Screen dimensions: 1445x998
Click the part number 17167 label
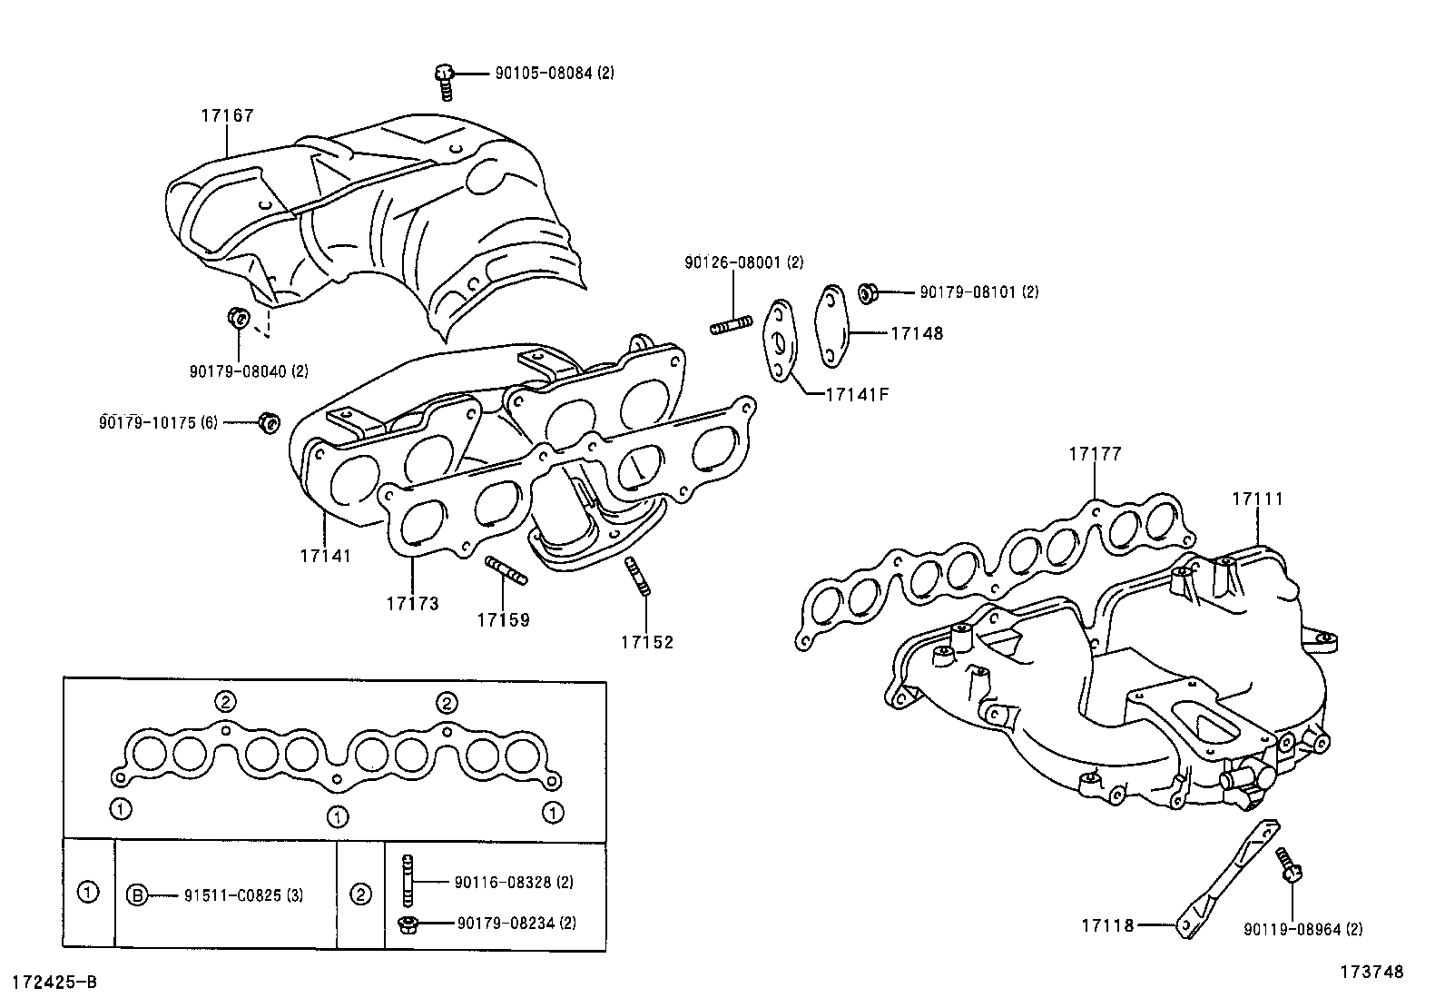227,115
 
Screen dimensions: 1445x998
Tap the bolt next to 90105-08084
445,82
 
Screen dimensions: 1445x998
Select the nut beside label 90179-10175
269,422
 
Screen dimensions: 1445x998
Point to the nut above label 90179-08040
239,317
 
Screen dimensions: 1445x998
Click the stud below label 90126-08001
731,325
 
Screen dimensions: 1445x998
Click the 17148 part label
917,333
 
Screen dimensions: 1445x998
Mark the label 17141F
857,394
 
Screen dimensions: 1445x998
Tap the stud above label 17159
506,570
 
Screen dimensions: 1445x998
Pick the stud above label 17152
637,577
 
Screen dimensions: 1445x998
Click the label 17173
412,604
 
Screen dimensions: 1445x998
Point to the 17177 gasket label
1095,454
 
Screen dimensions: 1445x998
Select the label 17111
1257,499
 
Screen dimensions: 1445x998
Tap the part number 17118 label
1107,925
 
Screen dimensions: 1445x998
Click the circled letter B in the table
137,895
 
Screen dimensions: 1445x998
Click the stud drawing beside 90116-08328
407,880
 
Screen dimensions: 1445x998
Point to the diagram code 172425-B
54,983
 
